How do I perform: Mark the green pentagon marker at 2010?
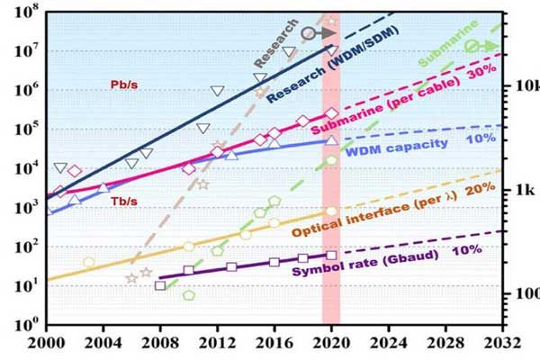coord(189,295)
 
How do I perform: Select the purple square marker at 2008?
coord(161,285)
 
